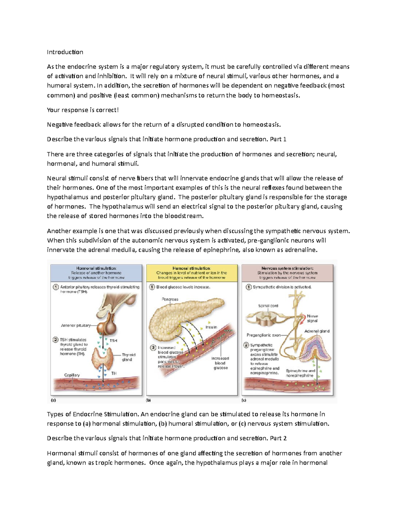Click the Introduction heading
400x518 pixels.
[65, 52]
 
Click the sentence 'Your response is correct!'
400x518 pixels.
[83, 110]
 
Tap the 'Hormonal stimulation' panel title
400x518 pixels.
[96, 268]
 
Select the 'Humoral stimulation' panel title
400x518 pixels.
[191, 268]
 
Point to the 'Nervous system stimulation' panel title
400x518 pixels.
[287, 268]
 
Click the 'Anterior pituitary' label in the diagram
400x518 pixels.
[76, 325]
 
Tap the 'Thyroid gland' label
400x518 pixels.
[128, 357]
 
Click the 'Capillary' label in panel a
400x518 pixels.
[72, 375]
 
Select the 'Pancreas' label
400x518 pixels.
[170, 299]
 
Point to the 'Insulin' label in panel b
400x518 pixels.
[211, 327]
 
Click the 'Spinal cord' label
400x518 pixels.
[268, 306]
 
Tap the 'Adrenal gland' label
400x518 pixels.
[317, 331]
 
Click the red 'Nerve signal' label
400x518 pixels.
[312, 318]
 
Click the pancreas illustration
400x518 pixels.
[180, 317]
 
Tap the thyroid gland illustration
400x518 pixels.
[104, 359]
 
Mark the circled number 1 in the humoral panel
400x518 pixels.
[152, 287]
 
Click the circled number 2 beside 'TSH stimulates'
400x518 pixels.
[56, 340]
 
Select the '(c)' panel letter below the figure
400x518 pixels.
[244, 400]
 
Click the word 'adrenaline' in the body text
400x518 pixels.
[299, 250]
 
